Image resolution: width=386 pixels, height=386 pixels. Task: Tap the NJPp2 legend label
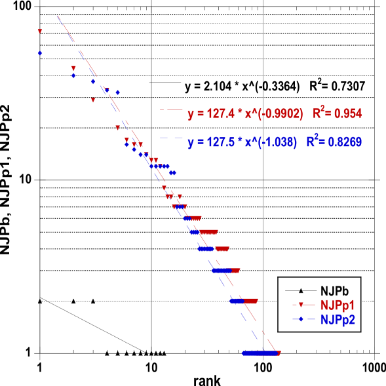point(338,320)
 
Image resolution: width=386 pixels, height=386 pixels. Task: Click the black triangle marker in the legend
point(301,290)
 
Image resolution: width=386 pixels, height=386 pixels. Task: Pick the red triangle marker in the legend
point(301,305)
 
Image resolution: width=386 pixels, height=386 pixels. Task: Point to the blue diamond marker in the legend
point(301,320)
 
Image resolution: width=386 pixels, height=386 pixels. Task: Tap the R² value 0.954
point(348,114)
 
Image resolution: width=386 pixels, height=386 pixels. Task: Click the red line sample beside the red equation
point(171,110)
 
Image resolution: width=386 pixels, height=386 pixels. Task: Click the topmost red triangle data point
point(40,31)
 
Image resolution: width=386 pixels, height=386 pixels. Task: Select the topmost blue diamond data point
point(40,53)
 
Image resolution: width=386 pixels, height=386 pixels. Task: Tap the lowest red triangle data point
point(279,353)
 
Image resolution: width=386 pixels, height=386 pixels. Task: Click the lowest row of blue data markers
point(259,353)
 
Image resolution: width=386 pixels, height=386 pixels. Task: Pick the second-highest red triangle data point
point(73,68)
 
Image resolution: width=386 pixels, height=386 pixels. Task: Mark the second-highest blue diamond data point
point(73,76)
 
